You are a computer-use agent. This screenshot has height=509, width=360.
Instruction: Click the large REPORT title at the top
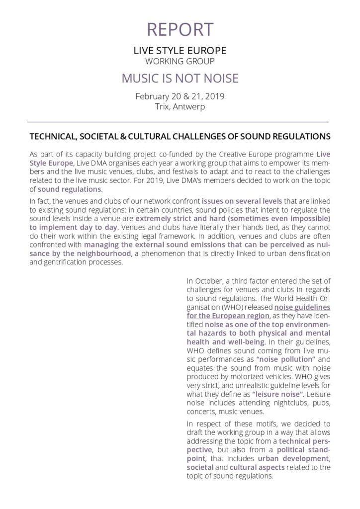coord(180,29)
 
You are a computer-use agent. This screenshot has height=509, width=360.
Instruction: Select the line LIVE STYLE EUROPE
coord(180,51)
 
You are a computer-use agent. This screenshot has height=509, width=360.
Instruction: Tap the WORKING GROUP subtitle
coord(180,62)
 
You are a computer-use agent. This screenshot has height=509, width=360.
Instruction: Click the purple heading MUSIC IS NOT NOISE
coord(180,79)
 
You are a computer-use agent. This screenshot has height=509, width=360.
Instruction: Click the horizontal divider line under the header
coord(180,122)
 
